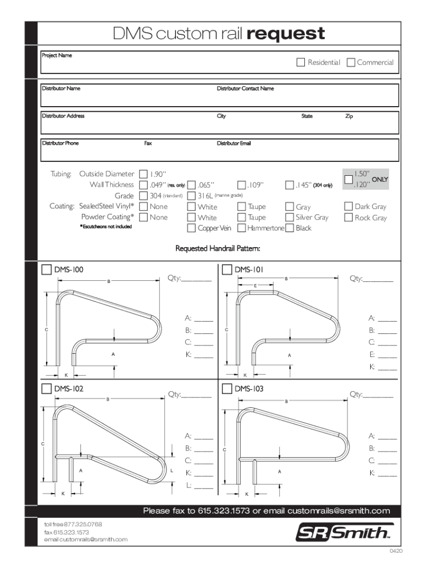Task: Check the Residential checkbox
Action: coord(300,62)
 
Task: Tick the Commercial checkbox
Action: coord(351,62)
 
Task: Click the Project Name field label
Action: coord(57,56)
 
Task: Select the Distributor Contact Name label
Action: coord(245,88)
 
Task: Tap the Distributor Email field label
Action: coord(233,143)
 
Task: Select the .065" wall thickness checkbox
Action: coord(191,185)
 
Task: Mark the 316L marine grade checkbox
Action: coord(191,196)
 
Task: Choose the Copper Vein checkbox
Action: coord(191,228)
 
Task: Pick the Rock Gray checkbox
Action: coord(349,217)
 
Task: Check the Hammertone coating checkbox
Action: coord(242,228)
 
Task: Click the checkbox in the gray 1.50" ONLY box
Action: coord(349,180)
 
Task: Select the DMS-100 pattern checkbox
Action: coord(47,270)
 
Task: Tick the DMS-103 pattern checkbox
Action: coord(227,389)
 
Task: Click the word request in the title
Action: coord(286,34)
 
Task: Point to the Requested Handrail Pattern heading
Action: coord(217,249)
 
